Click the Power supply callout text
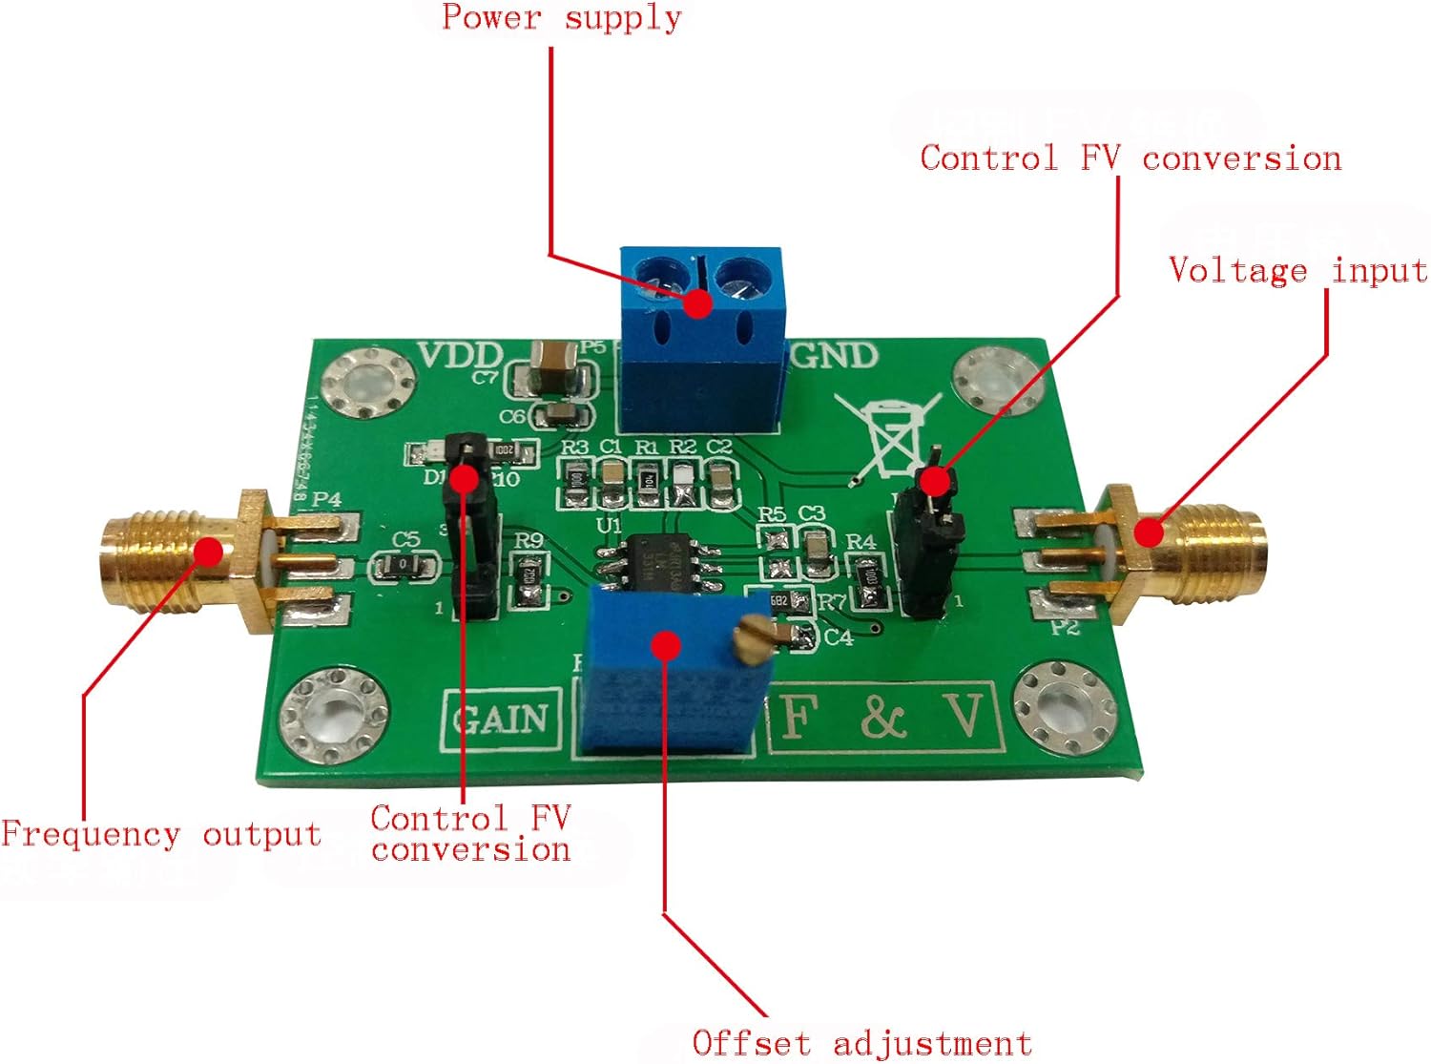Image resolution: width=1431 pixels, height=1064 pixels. [561, 18]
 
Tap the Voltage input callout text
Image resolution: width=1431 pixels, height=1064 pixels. [1297, 271]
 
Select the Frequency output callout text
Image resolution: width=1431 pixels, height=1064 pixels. [160, 835]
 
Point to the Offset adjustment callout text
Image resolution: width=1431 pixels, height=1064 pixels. [861, 1043]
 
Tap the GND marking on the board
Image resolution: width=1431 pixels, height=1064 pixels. [834, 356]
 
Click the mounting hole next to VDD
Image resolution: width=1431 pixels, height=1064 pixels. [366, 384]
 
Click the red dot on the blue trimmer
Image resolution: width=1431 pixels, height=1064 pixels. [667, 645]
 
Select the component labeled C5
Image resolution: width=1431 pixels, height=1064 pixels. [404, 566]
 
